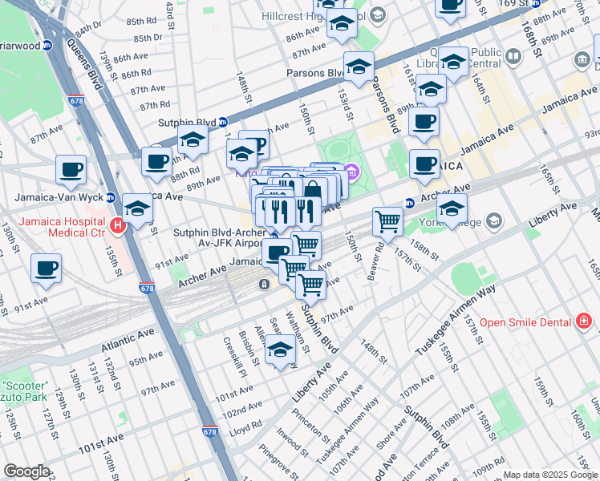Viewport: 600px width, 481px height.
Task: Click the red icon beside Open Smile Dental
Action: tap(584, 322)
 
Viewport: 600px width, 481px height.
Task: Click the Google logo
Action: tap(26, 471)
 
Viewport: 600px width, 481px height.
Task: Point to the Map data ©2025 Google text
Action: tap(550, 475)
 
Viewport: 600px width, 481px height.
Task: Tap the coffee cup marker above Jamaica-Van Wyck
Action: tap(71, 170)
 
